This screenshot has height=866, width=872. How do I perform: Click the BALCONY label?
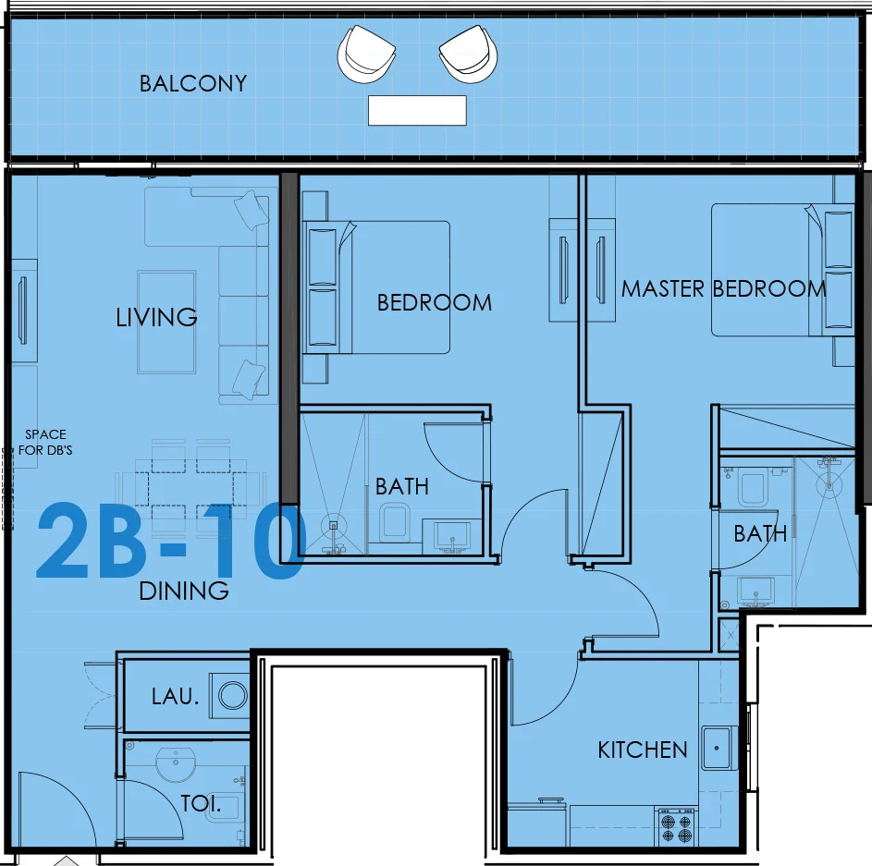(193, 83)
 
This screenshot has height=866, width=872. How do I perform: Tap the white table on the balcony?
(417, 110)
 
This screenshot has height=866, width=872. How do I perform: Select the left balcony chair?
(366, 54)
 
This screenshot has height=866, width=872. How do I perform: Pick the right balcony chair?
(468, 54)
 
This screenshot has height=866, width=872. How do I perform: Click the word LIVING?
(156, 317)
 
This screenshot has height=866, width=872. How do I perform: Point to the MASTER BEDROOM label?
(723, 288)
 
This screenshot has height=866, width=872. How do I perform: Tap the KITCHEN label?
(643, 750)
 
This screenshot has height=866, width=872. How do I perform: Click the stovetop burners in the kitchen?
(676, 826)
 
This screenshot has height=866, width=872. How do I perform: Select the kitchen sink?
(719, 748)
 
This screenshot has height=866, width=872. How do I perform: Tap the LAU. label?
(175, 697)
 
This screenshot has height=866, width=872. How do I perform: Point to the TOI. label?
(201, 803)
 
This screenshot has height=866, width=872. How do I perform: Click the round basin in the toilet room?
(176, 763)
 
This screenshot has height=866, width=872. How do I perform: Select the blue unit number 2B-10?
(171, 541)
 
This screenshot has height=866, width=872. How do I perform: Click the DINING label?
(183, 591)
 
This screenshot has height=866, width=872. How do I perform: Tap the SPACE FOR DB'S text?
(45, 442)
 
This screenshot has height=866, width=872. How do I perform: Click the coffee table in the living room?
(166, 322)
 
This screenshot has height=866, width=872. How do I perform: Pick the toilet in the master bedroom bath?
(753, 486)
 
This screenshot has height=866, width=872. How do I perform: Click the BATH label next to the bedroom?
(402, 486)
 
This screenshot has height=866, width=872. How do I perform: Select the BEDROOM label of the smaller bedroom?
(435, 303)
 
